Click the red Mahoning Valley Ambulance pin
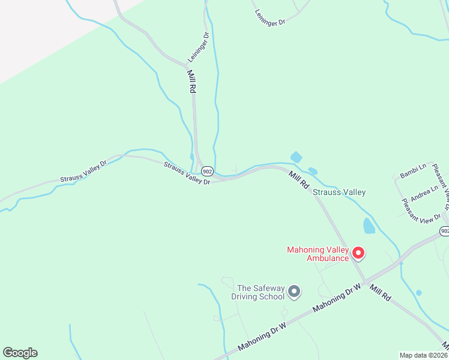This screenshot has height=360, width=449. tap(358, 253)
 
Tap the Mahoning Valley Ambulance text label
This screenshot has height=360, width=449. tap(319, 254)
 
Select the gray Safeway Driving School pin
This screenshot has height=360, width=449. tap(294, 292)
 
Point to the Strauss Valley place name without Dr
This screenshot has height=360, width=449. tap(339, 192)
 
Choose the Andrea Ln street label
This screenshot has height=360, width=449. tap(425, 192)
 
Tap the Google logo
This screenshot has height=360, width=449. tap(20, 353)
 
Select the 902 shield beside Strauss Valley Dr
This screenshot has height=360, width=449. tap(206, 170)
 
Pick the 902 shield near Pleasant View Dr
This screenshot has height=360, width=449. tap(444, 231)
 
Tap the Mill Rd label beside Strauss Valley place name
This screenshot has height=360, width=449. tap(298, 178)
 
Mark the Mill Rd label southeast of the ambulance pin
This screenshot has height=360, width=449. tap(379, 293)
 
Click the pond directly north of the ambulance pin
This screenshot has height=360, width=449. tap(369, 226)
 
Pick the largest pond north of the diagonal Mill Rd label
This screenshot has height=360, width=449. tap(296, 157)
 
